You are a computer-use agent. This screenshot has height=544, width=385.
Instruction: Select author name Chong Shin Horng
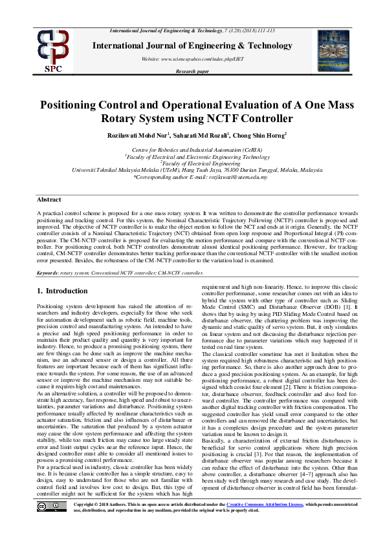258,134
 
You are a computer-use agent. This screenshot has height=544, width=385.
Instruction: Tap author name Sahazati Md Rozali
199,134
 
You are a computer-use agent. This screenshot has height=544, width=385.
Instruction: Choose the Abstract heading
49,200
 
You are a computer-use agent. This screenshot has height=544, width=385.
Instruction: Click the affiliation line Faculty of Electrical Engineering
192,163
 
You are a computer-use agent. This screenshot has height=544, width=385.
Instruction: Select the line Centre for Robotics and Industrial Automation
192,149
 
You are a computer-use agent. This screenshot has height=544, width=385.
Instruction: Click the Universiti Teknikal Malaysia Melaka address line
192,170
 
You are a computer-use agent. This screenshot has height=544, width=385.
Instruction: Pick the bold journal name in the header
192,45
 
